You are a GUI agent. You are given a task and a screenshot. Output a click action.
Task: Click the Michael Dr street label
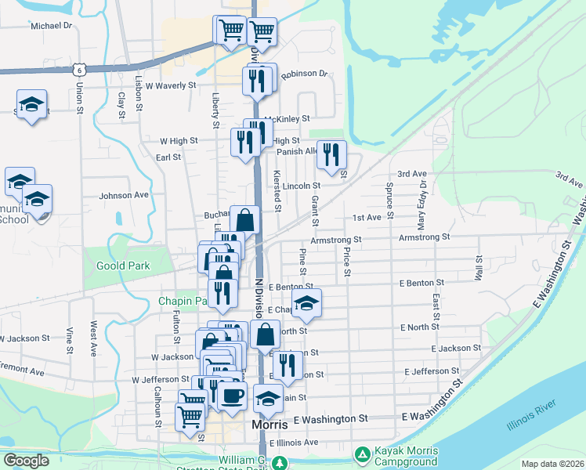click(51, 26)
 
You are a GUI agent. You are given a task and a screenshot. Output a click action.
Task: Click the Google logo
click(26, 461)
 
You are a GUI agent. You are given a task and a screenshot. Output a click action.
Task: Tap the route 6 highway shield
click(79, 70)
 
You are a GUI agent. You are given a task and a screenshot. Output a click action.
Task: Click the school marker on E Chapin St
click(307, 304)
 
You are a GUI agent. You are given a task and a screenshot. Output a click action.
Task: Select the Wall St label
click(477, 267)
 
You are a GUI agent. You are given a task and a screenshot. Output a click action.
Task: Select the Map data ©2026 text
click(552, 464)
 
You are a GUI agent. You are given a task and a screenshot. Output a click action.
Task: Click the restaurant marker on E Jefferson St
click(288, 363)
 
